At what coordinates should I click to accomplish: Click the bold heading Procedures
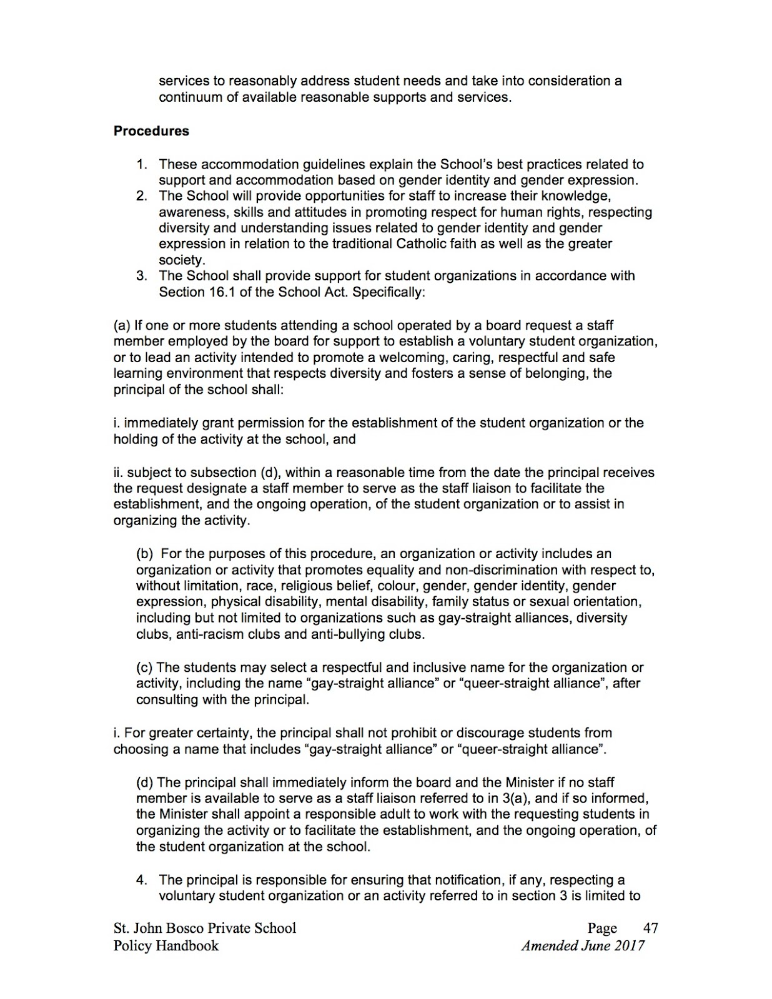coord(151,131)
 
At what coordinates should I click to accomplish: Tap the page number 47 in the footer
coord(650,928)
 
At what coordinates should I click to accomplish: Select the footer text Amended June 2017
coord(583,945)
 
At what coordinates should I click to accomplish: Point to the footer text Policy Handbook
coord(166,945)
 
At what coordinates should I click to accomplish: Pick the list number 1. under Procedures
coord(142,164)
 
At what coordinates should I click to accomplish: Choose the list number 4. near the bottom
coord(142,880)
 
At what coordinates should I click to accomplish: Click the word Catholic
coord(422,244)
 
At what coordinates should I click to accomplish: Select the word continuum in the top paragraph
coord(188,97)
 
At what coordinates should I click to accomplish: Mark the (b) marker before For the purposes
coord(146,554)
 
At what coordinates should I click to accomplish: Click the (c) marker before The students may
coord(145,667)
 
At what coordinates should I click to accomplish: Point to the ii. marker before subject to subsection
coord(119,473)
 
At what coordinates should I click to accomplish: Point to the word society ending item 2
coord(181,260)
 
